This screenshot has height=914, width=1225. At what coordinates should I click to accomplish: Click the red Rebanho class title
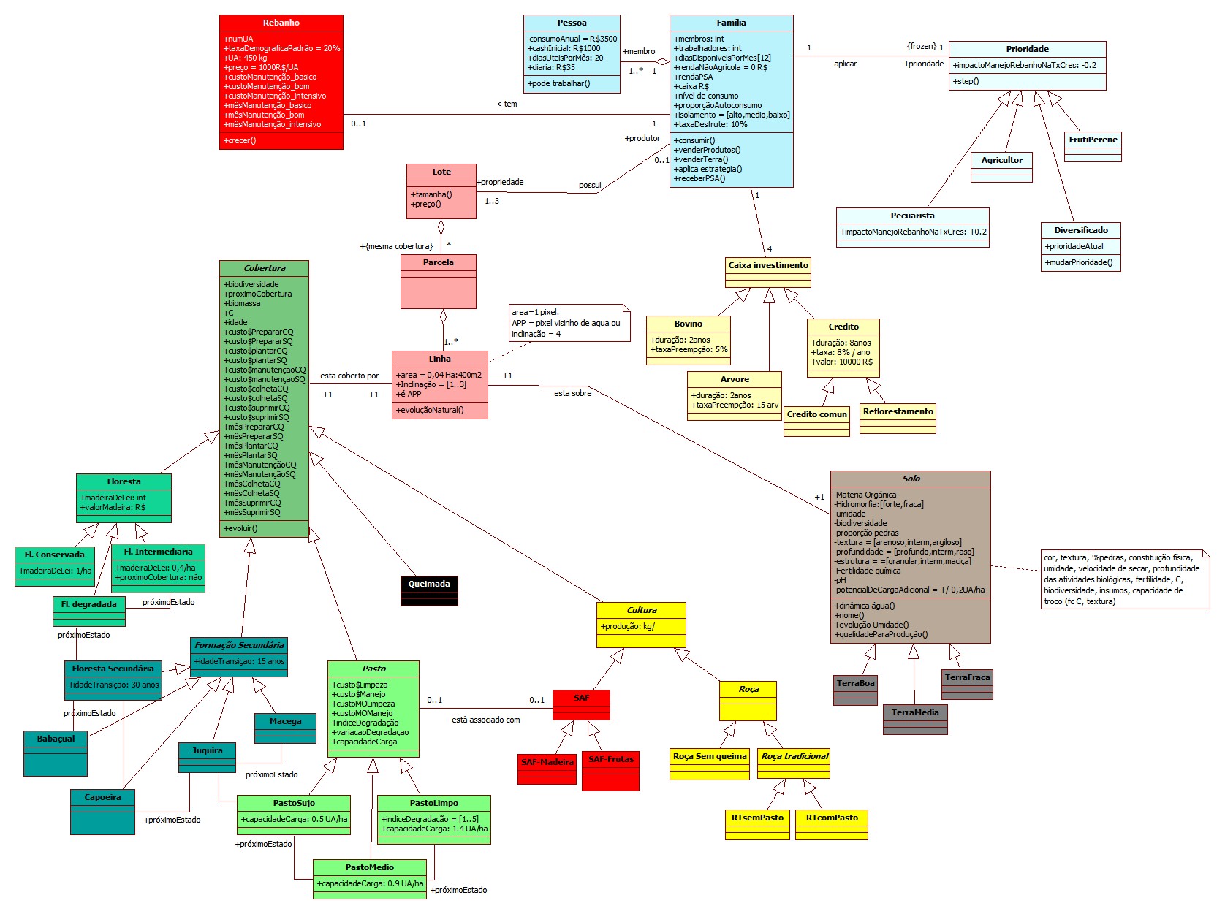pos(281,23)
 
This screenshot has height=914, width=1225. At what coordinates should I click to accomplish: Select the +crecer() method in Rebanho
pos(240,140)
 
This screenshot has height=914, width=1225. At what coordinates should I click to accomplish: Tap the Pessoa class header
pos(572,23)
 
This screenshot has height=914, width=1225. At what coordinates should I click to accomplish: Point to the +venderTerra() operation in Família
pos(700,159)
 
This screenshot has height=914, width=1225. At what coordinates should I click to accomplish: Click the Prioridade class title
pos(1027,49)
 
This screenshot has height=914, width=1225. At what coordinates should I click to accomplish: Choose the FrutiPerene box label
pos(1093,140)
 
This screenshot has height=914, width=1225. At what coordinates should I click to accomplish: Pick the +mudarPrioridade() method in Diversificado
pos(1078,262)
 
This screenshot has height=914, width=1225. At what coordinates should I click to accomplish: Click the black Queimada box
pos(429,584)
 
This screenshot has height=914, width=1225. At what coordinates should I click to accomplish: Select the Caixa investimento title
pos(768,265)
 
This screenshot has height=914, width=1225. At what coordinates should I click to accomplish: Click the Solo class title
pos(911,479)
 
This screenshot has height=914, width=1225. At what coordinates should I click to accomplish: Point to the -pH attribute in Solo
pos(841,580)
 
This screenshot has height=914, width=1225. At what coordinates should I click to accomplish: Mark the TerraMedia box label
pos(915,712)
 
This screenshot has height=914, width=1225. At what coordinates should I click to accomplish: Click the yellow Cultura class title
pos(642,610)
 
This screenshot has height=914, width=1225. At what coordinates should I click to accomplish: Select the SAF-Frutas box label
pos(611,759)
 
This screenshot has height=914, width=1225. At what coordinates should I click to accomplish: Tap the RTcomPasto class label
pos(832,818)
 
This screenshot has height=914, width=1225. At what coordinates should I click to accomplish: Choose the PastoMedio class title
pos(369,867)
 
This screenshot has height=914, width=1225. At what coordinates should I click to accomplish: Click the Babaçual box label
pos(56,739)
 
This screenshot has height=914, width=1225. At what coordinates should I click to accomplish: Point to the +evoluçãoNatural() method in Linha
pos(430,410)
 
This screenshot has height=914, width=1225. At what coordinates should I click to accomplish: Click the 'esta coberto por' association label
pos(349,376)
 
